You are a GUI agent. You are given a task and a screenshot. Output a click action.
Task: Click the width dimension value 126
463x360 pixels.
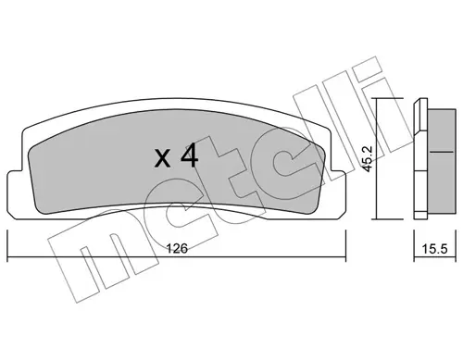click(177, 248)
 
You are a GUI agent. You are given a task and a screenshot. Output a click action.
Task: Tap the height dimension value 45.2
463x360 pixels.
click(368, 159)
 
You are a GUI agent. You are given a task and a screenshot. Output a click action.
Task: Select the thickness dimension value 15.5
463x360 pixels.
click(434, 249)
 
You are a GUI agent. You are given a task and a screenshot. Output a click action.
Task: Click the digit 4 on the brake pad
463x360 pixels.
click(189, 156)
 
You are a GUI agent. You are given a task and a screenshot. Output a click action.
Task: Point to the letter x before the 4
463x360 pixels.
click(162, 160)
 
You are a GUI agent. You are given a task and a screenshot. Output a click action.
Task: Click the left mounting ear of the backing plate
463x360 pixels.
click(15, 195)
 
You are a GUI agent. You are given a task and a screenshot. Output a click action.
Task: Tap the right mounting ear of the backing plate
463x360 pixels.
click(339, 195)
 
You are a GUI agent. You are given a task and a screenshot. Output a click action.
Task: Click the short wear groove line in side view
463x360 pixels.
click(442, 152)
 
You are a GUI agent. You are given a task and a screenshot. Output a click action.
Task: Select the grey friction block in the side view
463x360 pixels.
click(442, 160)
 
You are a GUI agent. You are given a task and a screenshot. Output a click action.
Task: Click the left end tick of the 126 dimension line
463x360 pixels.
click(7, 246)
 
